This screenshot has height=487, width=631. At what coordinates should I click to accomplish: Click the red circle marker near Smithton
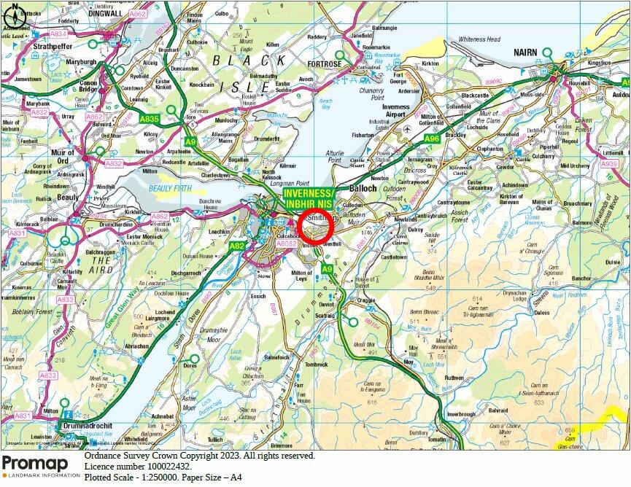point(316,227)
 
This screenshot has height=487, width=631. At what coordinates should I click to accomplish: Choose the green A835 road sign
point(150,117)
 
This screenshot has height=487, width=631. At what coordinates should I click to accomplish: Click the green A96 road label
point(432,139)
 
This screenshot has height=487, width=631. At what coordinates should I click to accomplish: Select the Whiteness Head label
point(479,39)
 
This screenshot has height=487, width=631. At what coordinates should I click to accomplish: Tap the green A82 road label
point(237,246)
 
